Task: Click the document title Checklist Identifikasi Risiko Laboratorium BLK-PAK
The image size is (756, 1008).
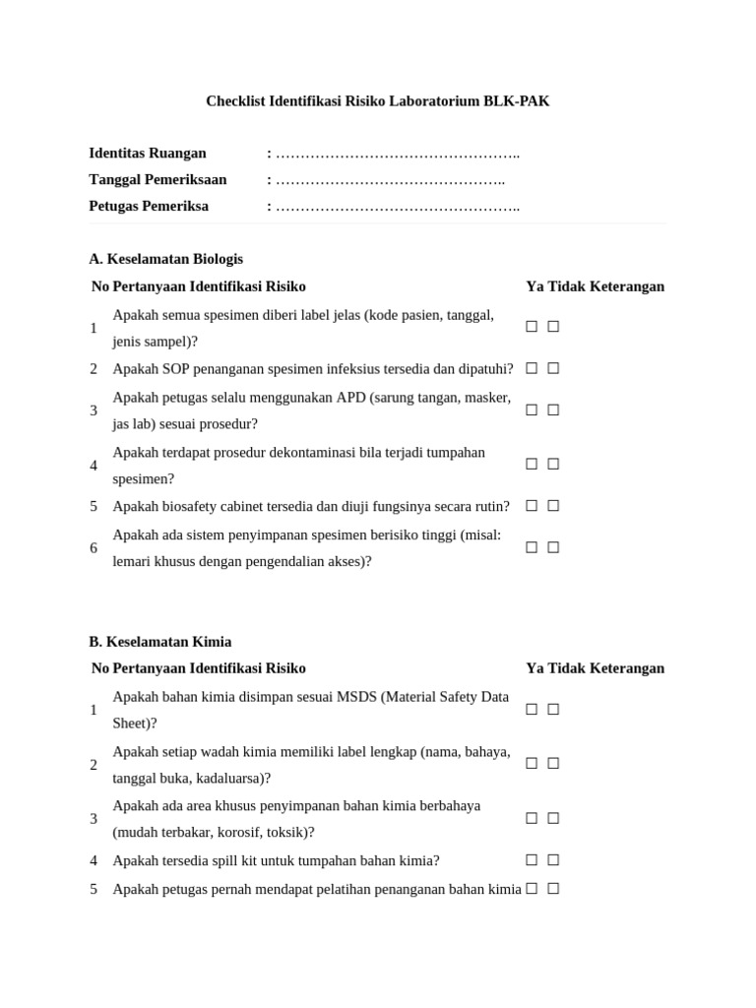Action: (x=377, y=101)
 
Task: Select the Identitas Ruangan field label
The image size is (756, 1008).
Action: (x=148, y=154)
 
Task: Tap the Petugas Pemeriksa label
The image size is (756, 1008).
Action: (x=149, y=207)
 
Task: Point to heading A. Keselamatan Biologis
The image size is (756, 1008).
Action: (x=165, y=259)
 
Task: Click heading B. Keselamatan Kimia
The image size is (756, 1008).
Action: (x=160, y=642)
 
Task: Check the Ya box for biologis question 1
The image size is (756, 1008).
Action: (x=532, y=327)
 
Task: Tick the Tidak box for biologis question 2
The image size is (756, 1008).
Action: (x=553, y=368)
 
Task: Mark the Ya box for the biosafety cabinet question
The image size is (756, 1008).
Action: (x=532, y=506)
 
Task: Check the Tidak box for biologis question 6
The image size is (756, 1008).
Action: (x=553, y=547)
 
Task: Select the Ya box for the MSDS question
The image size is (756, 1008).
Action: (x=532, y=709)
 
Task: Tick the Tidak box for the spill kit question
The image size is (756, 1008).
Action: (x=553, y=859)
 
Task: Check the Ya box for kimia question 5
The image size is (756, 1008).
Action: (x=532, y=888)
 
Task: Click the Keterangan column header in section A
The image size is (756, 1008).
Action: (x=627, y=286)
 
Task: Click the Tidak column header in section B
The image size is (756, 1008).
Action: (x=567, y=668)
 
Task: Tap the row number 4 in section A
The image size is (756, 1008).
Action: (x=94, y=466)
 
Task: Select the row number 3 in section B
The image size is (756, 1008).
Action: (x=94, y=819)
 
